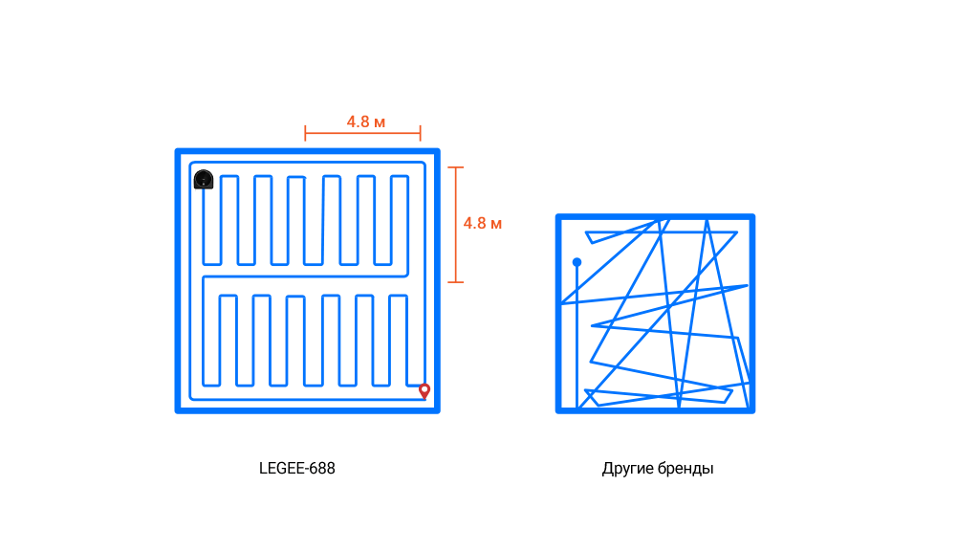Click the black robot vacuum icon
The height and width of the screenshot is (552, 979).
pyautogui.click(x=204, y=179)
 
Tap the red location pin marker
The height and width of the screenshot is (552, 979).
pyautogui.click(x=424, y=391)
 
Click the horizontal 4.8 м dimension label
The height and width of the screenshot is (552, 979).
pyautogui.click(x=366, y=121)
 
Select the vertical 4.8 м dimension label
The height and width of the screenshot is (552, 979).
pyautogui.click(x=482, y=224)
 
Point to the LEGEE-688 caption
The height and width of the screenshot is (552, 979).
pyautogui.click(x=297, y=469)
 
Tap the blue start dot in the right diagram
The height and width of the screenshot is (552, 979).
pyautogui.click(x=577, y=262)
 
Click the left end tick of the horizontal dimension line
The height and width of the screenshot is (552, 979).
pyautogui.click(x=305, y=133)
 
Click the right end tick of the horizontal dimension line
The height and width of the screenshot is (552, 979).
pyautogui.click(x=421, y=133)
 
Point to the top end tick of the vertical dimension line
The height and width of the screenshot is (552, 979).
pyautogui.click(x=456, y=167)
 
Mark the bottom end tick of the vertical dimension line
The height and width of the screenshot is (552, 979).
pyautogui.click(x=456, y=282)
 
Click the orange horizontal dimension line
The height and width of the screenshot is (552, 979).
pyautogui.click(x=362, y=133)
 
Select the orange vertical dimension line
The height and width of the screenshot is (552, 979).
pyautogui.click(x=456, y=225)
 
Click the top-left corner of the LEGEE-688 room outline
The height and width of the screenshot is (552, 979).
pyautogui.click(x=177, y=151)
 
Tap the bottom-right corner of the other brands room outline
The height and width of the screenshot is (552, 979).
pyautogui.click(x=752, y=410)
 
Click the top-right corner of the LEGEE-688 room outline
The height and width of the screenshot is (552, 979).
pyautogui.click(x=438, y=151)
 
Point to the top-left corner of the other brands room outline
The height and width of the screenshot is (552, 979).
pyautogui.click(x=558, y=216)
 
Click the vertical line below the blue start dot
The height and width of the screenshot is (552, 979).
pyautogui.click(x=577, y=337)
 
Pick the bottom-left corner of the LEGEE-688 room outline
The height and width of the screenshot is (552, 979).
pyautogui.click(x=177, y=410)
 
